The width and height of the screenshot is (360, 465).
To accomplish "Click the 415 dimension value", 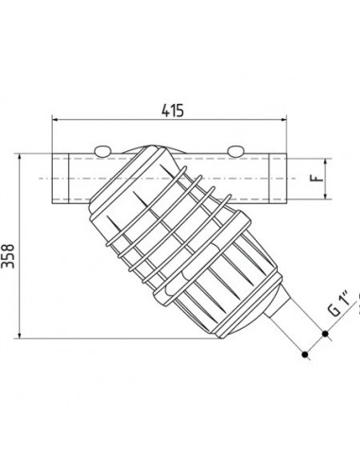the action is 172,111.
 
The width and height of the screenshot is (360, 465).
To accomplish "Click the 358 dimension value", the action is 8,255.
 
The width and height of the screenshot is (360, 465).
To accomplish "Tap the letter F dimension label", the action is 319,179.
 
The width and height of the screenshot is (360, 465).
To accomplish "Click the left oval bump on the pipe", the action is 102,151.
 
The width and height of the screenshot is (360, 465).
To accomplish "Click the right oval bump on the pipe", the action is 235,151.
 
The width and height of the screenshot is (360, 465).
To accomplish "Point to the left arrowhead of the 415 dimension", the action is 55,119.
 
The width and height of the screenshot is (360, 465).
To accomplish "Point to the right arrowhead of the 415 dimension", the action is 283,119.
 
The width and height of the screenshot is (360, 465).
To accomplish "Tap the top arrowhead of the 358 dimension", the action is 20,157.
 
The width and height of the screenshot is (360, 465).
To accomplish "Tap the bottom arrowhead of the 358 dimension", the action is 20,336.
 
